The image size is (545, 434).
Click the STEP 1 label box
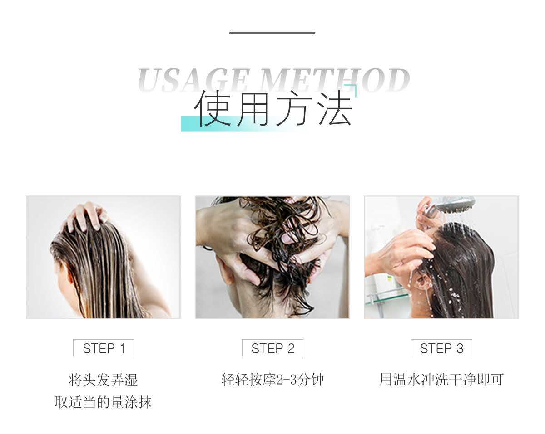coord(104,348)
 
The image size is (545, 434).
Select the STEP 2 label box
coord(272,348)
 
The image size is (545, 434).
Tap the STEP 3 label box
coord(441,348)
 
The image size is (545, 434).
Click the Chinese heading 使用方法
coord(273,108)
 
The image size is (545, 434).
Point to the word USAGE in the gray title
coord(193,80)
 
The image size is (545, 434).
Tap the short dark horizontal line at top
coord(272,33)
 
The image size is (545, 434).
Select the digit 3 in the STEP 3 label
coord(460,348)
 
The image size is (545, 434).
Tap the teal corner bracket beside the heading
coord(353,88)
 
